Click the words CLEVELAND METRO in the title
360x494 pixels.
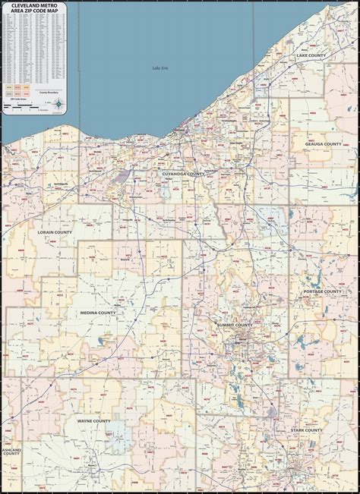click(33, 5)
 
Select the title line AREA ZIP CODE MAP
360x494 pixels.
click(33, 11)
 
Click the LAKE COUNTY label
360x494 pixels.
click(311, 55)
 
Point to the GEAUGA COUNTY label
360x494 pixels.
click(323, 143)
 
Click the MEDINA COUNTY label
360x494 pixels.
click(98, 312)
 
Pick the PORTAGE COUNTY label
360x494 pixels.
click(323, 291)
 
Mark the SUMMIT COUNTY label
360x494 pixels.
click(234, 326)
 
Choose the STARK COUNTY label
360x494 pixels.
click(306, 429)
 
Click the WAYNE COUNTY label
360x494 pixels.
click(93, 420)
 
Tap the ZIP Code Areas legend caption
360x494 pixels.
click(17, 99)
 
